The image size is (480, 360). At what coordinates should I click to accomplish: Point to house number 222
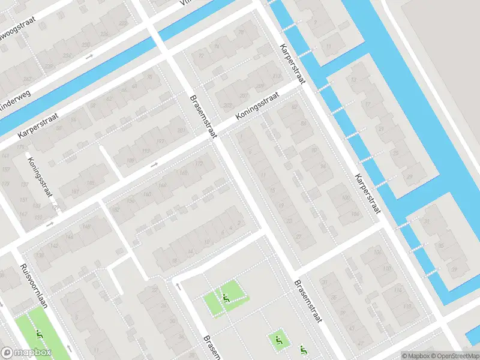tap(124, 23)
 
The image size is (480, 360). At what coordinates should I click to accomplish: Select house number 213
tap(277, 76)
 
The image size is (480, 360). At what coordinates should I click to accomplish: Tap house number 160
tap(146, 194)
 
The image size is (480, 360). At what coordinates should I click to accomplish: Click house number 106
tap(376, 252)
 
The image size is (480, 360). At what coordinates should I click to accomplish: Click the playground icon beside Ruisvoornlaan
tap(40, 333)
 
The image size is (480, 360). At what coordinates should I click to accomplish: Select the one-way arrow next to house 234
tap(90, 57)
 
